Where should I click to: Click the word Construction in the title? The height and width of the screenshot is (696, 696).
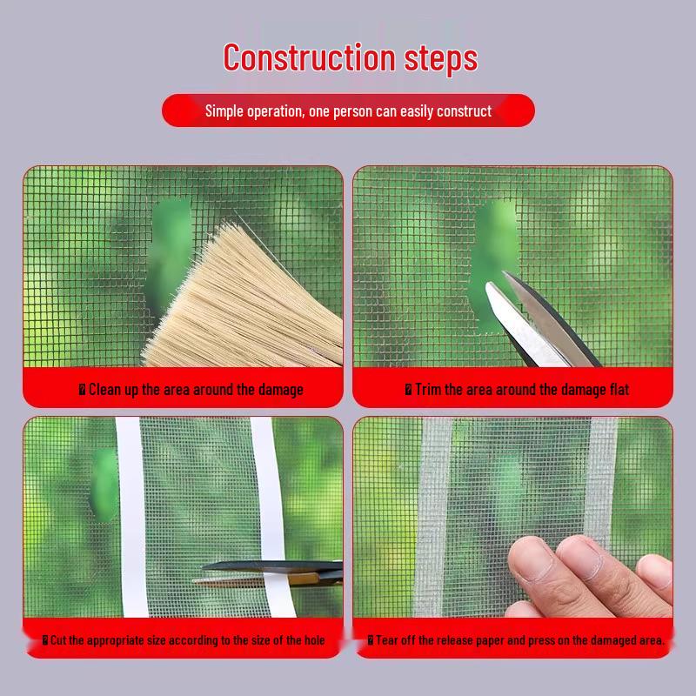(x=311, y=57)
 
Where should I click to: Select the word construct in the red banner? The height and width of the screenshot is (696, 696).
(x=464, y=111)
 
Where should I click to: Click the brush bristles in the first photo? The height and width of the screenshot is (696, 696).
(x=252, y=287)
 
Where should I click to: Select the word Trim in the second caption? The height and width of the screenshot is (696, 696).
(x=428, y=390)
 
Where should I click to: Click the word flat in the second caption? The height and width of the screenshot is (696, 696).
(x=616, y=390)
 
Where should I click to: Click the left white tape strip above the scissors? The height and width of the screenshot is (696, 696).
(x=128, y=487)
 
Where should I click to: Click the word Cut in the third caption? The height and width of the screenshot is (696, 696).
(x=58, y=640)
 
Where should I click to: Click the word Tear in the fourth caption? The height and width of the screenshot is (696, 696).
(x=388, y=640)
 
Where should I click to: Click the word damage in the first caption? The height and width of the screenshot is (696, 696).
(x=277, y=390)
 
